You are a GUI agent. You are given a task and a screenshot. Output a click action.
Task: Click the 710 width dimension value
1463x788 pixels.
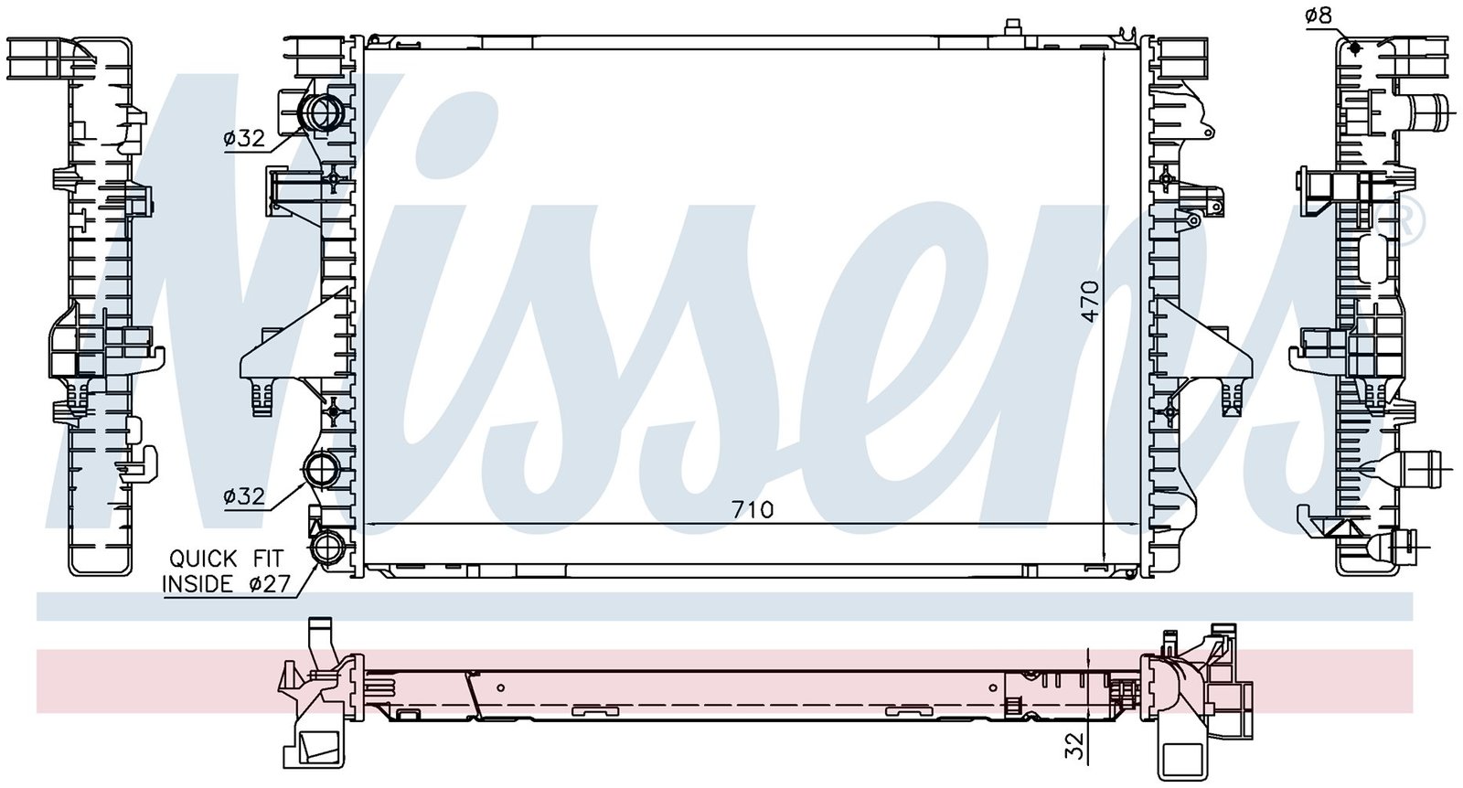tap(753, 509)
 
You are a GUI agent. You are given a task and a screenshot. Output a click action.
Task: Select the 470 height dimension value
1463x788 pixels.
tap(1090, 301)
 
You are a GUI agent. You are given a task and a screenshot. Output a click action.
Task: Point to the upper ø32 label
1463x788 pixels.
tap(243, 138)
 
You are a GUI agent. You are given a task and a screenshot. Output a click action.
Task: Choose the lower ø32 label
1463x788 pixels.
tap(243, 496)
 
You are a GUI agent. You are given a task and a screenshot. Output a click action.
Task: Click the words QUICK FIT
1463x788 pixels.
tap(226, 559)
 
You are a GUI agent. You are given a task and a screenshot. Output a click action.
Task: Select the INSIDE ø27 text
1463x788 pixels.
tap(226, 583)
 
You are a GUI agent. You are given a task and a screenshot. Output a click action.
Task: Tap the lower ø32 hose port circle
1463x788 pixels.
tap(322, 469)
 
